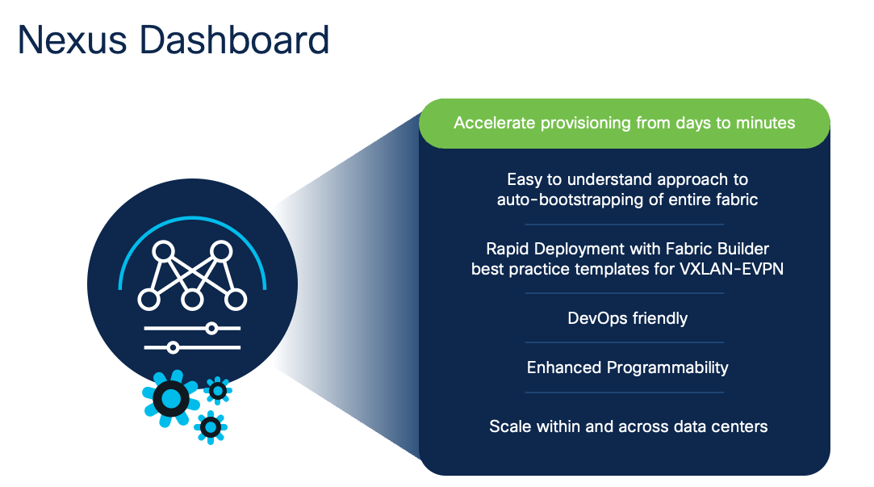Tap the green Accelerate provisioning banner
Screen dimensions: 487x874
(x=624, y=124)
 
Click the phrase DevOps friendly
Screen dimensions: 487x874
(x=627, y=318)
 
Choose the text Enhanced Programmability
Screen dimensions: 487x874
(x=627, y=367)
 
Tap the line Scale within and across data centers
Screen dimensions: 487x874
(x=627, y=426)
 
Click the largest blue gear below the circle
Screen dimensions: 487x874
(x=171, y=398)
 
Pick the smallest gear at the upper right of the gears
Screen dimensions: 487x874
(x=218, y=391)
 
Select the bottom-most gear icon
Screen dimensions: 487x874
(x=211, y=426)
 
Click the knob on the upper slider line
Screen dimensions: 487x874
(x=211, y=328)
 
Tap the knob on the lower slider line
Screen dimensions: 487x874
(x=172, y=347)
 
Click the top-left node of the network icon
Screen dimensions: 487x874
(x=164, y=251)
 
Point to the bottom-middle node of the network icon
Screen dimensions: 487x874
(x=191, y=300)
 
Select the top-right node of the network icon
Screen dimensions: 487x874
(x=219, y=251)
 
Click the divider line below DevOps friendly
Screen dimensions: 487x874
(x=624, y=342)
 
